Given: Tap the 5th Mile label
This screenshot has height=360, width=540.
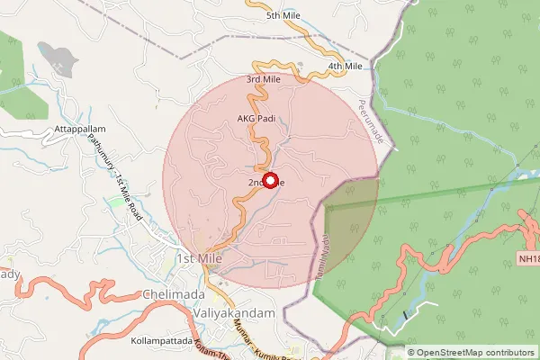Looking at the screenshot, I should [x=284, y=16].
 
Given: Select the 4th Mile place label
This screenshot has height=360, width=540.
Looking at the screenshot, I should [x=345, y=67].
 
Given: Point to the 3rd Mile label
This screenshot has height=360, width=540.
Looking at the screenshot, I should [x=264, y=79].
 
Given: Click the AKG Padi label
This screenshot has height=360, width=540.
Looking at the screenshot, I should [x=256, y=118].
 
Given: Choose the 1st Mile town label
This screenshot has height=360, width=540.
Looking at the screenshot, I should [x=199, y=258].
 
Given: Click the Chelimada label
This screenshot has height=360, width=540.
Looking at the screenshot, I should [x=174, y=294].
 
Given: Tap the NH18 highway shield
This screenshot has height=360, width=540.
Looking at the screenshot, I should [x=528, y=259].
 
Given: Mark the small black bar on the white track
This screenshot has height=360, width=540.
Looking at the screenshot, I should [x=407, y=315].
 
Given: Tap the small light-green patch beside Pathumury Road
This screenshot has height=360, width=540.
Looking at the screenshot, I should [x=115, y=202].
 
